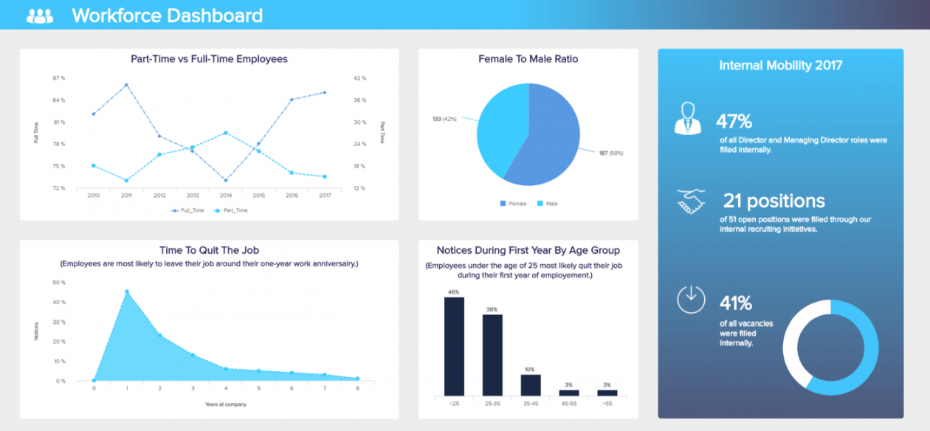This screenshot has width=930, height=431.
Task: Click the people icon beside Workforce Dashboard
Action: pos(40,15)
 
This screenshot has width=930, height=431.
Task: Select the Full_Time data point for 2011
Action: pos(126,85)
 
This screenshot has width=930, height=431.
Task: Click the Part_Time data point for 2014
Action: pos(225,133)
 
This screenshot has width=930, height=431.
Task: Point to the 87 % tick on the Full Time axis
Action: pos(59,77)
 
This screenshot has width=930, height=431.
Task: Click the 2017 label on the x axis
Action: pos(324,196)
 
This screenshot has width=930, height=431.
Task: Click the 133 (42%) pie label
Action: pos(445,118)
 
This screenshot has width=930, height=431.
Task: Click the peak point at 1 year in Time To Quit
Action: pos(127,292)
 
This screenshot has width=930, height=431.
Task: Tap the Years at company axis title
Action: pos(226,404)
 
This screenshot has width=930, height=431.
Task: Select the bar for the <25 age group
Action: pos(454,346)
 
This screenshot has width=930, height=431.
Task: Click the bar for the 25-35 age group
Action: pos(492,355)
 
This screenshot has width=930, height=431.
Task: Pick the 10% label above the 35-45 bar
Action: pos(530,369)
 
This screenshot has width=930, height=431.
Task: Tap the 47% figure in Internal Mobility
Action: pos(734,122)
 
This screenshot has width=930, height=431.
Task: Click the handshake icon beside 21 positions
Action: pos(691,201)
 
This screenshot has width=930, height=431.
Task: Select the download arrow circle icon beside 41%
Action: pos(691,298)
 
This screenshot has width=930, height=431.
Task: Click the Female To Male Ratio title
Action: pos(528,59)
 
